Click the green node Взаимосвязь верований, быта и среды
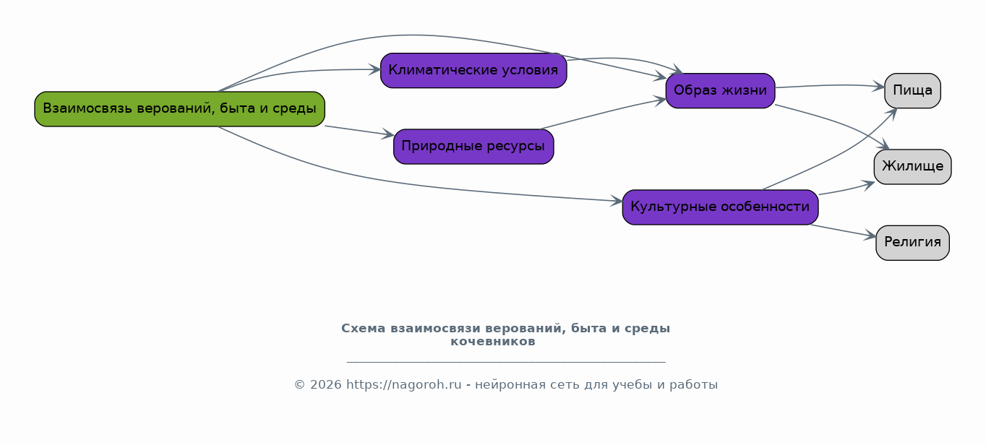(179, 109)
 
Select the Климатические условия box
(473, 70)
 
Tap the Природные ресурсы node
(473, 147)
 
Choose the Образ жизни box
(720, 90)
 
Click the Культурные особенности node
(720, 207)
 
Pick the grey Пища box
(912, 90)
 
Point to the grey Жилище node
(912, 167)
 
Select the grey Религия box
(912, 243)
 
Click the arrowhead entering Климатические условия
(375, 69)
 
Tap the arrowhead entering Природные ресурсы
(388, 134)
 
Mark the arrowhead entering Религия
(870, 236)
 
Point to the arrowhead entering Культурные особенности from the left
(617, 202)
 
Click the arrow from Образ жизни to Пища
(830, 85)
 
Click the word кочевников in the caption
(493, 342)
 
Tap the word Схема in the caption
(364, 329)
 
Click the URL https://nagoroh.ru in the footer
(403, 385)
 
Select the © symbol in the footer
(299, 385)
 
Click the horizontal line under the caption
(506, 362)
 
